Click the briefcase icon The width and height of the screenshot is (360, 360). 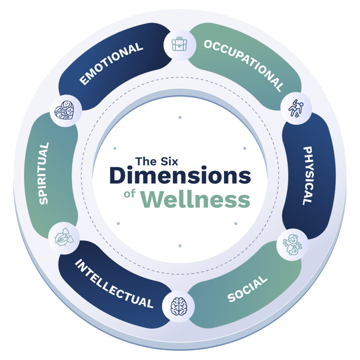point(180,44)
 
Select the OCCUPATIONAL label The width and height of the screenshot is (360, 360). point(244,65)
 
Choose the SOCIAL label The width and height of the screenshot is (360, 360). point(247,289)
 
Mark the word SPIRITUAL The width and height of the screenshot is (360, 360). point(44,173)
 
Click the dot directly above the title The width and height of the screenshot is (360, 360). point(180,117)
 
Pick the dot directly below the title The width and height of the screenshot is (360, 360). point(180,246)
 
